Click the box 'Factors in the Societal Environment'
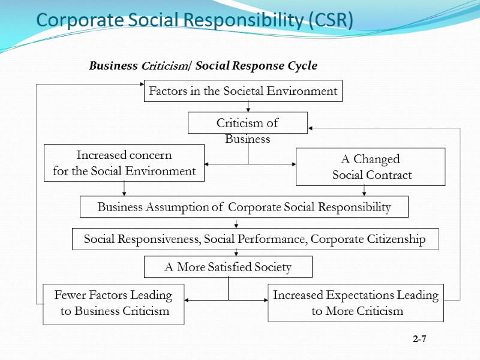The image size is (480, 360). (x=243, y=91)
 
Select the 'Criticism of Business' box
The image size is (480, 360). (x=247, y=123)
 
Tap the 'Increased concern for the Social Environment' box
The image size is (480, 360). (x=124, y=163)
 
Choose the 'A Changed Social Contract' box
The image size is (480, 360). (x=371, y=167)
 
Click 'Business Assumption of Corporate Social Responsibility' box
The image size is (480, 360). (x=244, y=207)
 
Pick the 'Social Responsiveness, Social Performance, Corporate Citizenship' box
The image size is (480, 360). (x=255, y=239)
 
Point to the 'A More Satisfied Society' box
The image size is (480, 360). (x=228, y=267)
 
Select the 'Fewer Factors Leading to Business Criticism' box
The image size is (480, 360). (x=113, y=304)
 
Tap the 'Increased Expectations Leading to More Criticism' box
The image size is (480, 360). (x=356, y=303)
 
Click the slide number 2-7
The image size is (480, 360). (x=419, y=340)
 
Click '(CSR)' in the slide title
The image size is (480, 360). (x=331, y=20)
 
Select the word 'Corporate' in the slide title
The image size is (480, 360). (x=70, y=20)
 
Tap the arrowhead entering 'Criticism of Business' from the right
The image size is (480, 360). (x=311, y=128)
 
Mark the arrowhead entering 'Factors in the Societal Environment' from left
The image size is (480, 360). (x=142, y=85)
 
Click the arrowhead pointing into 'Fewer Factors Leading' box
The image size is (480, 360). (x=187, y=299)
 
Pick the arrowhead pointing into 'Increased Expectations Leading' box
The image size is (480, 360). (x=265, y=299)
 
